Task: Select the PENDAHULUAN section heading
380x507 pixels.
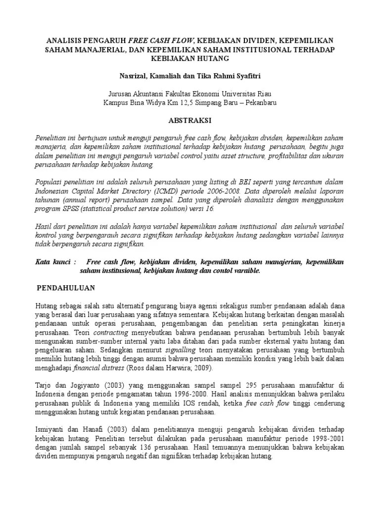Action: pyautogui.click(x=67, y=288)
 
